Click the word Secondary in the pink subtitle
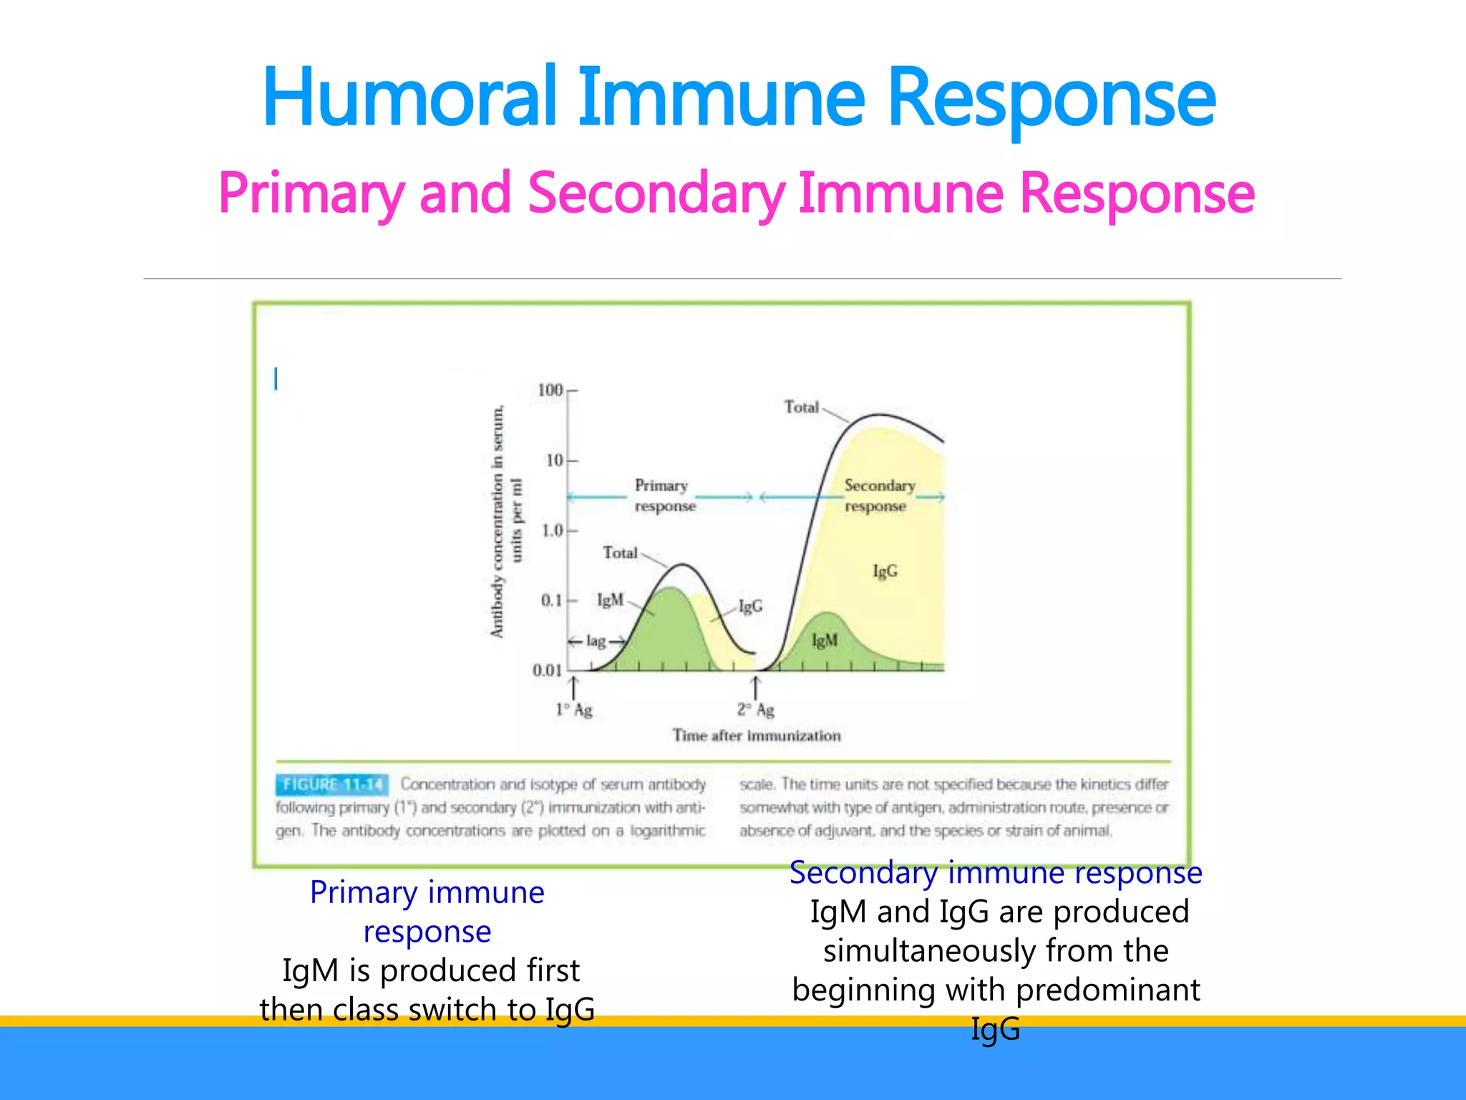[656, 193]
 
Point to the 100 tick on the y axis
[550, 390]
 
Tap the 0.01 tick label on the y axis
[547, 670]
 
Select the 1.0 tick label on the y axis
[553, 531]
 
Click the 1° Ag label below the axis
[574, 710]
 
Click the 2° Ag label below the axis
[756, 710]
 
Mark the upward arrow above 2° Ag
[755, 685]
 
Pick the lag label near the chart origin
[596, 641]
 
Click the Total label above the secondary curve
[801, 407]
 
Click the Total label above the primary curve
[620, 553]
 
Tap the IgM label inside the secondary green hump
[824, 640]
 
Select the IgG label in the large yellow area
[885, 571]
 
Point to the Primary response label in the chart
[664, 496]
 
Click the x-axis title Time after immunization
[757, 735]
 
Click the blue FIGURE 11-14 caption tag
[332, 785]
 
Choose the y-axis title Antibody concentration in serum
[497, 521]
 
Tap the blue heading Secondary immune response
[995, 873]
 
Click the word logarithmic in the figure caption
[667, 831]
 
